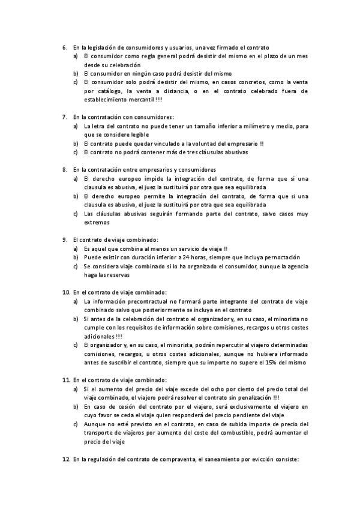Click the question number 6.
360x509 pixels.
click(65, 47)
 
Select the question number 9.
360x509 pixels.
click(65, 239)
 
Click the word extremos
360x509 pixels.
click(97, 222)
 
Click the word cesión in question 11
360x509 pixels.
click(127, 406)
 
